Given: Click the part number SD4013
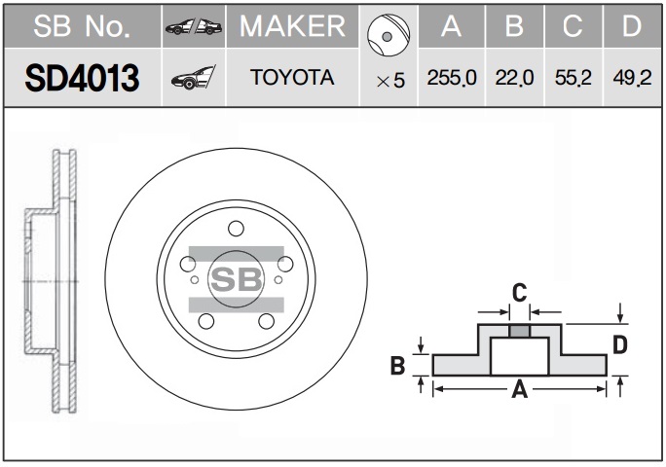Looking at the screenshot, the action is (x=82, y=78).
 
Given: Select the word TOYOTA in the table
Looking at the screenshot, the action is (x=292, y=77).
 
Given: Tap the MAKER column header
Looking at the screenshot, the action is (x=292, y=26).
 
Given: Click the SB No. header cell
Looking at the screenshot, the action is (x=82, y=26).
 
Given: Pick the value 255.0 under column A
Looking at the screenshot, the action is (x=452, y=78).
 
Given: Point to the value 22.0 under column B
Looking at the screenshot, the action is (x=514, y=78).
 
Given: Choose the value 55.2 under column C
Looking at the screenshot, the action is (x=573, y=78).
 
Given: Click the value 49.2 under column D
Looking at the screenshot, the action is (x=632, y=78).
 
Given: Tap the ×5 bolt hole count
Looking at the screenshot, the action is (x=390, y=80).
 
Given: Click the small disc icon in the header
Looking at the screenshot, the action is (x=388, y=35).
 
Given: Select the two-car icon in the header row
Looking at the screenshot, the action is (x=194, y=26).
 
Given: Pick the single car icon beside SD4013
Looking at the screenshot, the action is (x=193, y=77).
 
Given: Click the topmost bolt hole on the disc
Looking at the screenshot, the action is (x=236, y=229).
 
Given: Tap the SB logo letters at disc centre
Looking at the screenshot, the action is (x=237, y=279).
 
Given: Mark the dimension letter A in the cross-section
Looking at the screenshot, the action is (x=519, y=389).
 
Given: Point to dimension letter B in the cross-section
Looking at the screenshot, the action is (x=397, y=365).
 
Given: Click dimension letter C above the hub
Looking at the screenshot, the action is (x=520, y=293).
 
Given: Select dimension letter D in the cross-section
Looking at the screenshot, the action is (x=620, y=344).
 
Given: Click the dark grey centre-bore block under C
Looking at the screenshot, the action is (x=520, y=331).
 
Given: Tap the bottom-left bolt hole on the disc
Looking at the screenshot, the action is (x=206, y=321).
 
